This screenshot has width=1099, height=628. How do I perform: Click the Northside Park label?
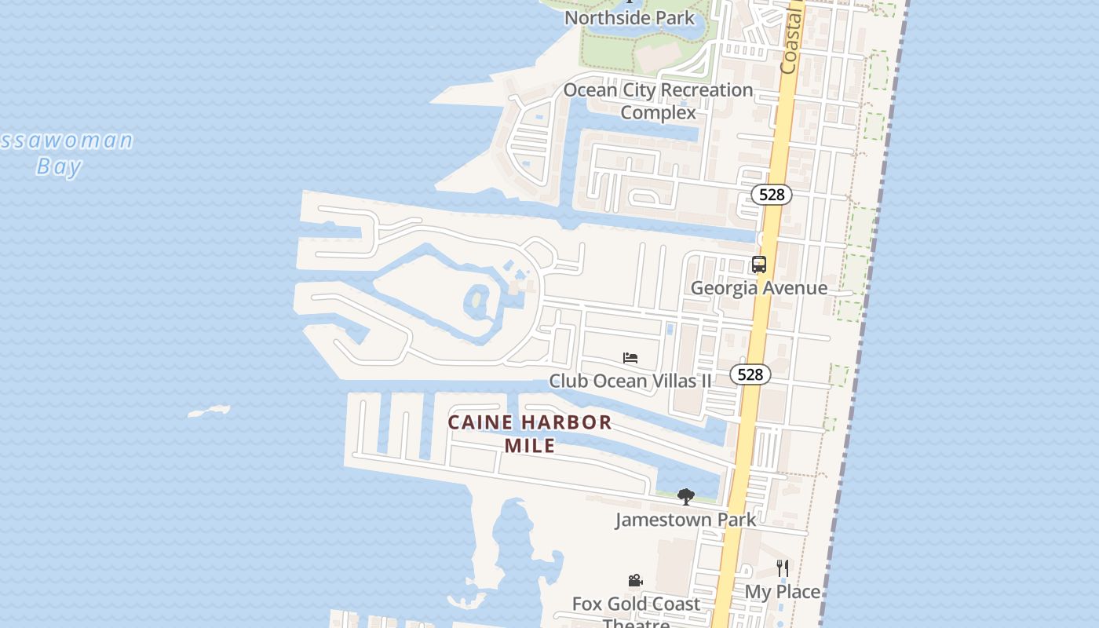(630, 17)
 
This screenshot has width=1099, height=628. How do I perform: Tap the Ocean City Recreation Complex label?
(658, 101)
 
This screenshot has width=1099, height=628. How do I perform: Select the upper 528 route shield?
(772, 195)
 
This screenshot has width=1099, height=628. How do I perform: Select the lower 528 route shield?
(750, 374)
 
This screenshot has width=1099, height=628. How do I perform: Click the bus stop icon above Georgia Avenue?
(758, 265)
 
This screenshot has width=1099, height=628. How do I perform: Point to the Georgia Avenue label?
(758, 288)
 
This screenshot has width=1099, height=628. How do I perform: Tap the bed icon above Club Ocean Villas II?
(630, 358)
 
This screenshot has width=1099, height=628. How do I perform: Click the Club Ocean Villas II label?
(630, 382)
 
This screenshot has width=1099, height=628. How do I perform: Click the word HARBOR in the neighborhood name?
(567, 422)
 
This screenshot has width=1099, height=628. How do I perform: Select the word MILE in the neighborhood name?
(530, 446)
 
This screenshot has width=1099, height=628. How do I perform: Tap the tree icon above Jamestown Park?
(685, 496)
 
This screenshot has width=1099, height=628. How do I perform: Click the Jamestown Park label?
(685, 520)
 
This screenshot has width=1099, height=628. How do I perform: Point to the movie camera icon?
(635, 581)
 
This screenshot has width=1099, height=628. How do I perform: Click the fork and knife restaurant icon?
(782, 568)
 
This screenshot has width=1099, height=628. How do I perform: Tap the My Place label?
(782, 592)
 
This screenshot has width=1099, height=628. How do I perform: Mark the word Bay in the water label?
(60, 166)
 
